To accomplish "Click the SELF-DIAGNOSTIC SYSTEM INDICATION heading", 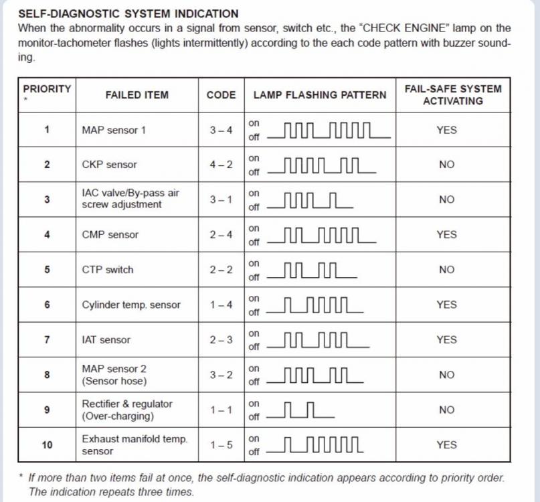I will (x=128, y=13).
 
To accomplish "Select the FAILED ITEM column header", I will (x=137, y=95).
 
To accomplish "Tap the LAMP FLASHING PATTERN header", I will (x=319, y=95).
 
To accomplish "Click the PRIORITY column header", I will (x=47, y=89).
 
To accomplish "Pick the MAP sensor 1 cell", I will (x=113, y=130).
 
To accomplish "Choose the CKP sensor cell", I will (x=110, y=165).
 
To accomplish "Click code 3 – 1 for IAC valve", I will (x=221, y=199).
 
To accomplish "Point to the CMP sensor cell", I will (x=110, y=235).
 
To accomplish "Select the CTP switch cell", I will (x=107, y=270).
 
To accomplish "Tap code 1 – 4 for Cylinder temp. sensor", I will (x=221, y=305).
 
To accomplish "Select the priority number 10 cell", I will (x=47, y=444).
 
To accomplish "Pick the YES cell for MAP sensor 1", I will (x=446, y=130).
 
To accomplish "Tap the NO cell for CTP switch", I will (x=446, y=270).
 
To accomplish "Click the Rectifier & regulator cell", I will (x=127, y=410).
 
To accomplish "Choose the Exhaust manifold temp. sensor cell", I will (x=134, y=444).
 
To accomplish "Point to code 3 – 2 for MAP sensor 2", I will (x=221, y=375).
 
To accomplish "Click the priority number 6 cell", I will (x=47, y=305).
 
